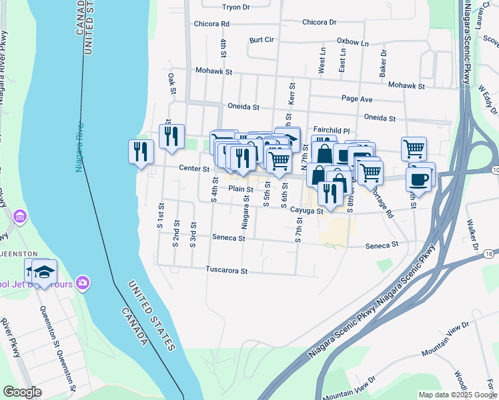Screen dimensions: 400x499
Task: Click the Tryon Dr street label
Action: (235, 7)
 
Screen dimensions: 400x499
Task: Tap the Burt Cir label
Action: (262, 40)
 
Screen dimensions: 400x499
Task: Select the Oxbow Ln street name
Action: (352, 43)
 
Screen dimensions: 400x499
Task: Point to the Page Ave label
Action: (356, 99)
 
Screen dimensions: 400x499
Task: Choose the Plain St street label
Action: (240, 189)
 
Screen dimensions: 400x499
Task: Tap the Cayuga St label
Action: (306, 211)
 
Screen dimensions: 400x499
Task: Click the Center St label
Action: (194, 169)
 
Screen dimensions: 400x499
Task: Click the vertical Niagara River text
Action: (81, 147)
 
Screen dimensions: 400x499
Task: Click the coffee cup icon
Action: (418, 179)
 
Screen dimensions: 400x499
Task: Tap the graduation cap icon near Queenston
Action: (44, 272)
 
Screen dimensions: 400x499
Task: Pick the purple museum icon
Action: (20, 217)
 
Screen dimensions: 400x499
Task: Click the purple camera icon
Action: (83, 283)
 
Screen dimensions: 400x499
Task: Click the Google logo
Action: (23, 392)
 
